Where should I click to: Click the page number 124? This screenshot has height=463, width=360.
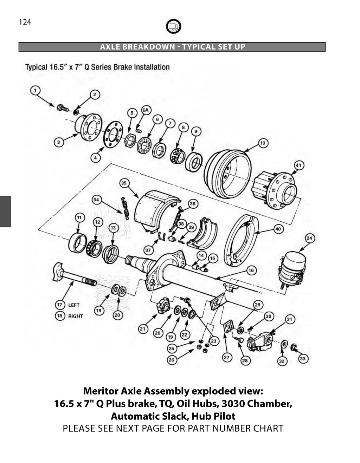tap(25, 22)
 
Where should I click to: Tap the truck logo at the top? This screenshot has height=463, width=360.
tap(173, 26)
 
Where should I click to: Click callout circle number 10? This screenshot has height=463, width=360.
tap(263, 143)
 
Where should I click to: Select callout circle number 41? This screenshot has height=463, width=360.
tap(298, 165)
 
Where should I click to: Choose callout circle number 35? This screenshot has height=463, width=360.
tap(123, 183)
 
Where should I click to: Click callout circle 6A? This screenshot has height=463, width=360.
tap(146, 110)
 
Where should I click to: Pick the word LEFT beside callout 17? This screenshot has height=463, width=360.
tap(74, 305)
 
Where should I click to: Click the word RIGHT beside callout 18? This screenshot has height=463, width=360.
tap(76, 316)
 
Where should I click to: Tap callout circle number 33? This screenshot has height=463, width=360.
tap(303, 358)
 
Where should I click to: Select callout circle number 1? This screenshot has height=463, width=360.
tap(35, 91)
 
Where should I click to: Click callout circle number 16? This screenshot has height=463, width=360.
tap(251, 270)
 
